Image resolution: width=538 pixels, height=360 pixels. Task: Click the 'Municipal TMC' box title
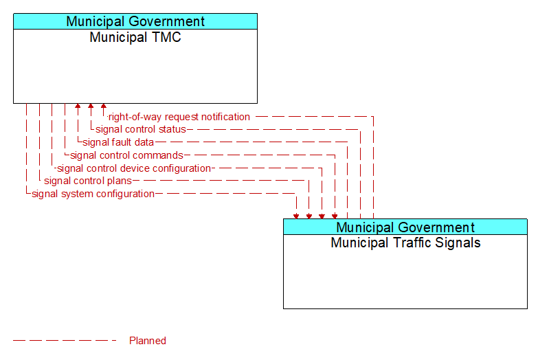point(135,37)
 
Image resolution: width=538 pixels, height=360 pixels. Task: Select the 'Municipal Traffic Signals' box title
point(405,243)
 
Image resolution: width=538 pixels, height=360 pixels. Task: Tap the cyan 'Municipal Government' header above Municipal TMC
point(135,21)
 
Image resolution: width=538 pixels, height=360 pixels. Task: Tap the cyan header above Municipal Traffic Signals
point(405,227)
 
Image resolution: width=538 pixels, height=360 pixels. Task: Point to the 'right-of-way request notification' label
point(179,117)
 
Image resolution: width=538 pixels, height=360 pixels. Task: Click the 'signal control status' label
point(141,129)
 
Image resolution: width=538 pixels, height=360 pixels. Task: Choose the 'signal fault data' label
point(118,142)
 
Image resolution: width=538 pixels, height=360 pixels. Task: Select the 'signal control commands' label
point(126,155)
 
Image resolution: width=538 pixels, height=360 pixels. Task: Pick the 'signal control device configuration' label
point(134,168)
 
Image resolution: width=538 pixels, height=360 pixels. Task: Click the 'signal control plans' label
point(88,181)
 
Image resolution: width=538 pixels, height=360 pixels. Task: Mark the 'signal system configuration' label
point(93,194)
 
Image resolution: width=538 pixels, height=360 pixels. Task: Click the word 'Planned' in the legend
point(148,341)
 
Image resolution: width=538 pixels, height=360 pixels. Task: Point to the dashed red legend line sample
point(65,341)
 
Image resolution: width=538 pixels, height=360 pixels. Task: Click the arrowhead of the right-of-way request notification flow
point(104,106)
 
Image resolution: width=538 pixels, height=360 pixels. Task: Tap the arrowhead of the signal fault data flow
point(78,106)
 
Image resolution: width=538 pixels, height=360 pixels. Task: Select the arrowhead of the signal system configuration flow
point(296,216)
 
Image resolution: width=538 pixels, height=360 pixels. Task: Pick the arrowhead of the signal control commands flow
point(335,216)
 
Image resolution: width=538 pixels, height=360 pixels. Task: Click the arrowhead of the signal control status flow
point(91,106)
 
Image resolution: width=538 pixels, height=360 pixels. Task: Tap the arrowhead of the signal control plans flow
point(309,216)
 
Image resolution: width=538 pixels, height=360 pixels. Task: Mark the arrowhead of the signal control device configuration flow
point(322,216)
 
